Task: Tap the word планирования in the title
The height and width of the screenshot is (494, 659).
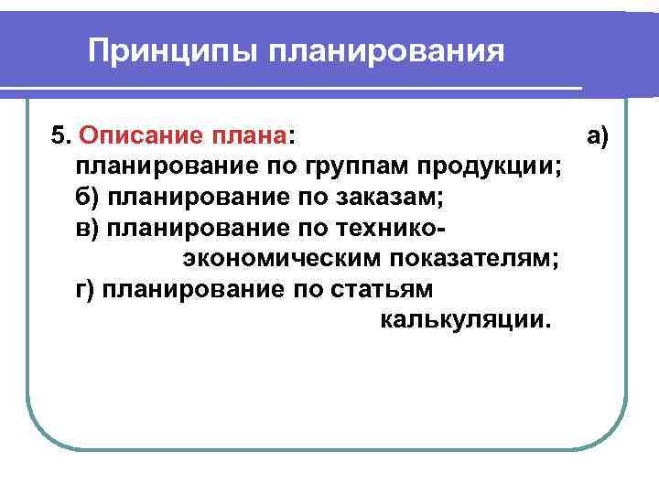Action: pos(386,50)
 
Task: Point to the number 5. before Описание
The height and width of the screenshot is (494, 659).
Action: pos(61,137)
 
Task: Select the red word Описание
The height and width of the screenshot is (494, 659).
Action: pos(133,137)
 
